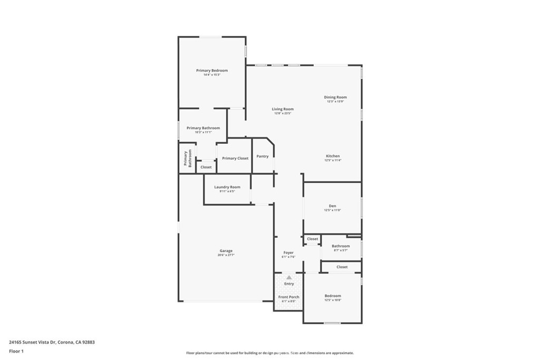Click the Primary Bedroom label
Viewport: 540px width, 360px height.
212,71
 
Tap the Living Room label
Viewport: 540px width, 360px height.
283,109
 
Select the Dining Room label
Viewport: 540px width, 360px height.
335,97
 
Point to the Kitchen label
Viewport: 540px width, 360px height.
333,156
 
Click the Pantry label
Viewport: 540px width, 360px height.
263,156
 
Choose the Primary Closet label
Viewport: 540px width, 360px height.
235,158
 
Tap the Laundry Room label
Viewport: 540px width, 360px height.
227,187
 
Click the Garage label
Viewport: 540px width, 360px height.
226,251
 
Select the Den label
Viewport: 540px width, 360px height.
332,206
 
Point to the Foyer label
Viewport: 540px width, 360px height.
288,252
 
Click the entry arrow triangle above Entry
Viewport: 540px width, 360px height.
289,277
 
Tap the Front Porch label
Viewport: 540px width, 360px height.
289,297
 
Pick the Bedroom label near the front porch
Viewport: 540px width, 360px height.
332,296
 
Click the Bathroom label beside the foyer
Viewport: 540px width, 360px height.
341,246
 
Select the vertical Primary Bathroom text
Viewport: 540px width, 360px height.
188,158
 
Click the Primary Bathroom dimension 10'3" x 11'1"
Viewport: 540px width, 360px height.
203,132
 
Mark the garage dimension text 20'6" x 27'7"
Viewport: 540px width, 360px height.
226,255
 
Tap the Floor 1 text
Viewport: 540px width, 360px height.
16,351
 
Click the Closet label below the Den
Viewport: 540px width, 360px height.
313,239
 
